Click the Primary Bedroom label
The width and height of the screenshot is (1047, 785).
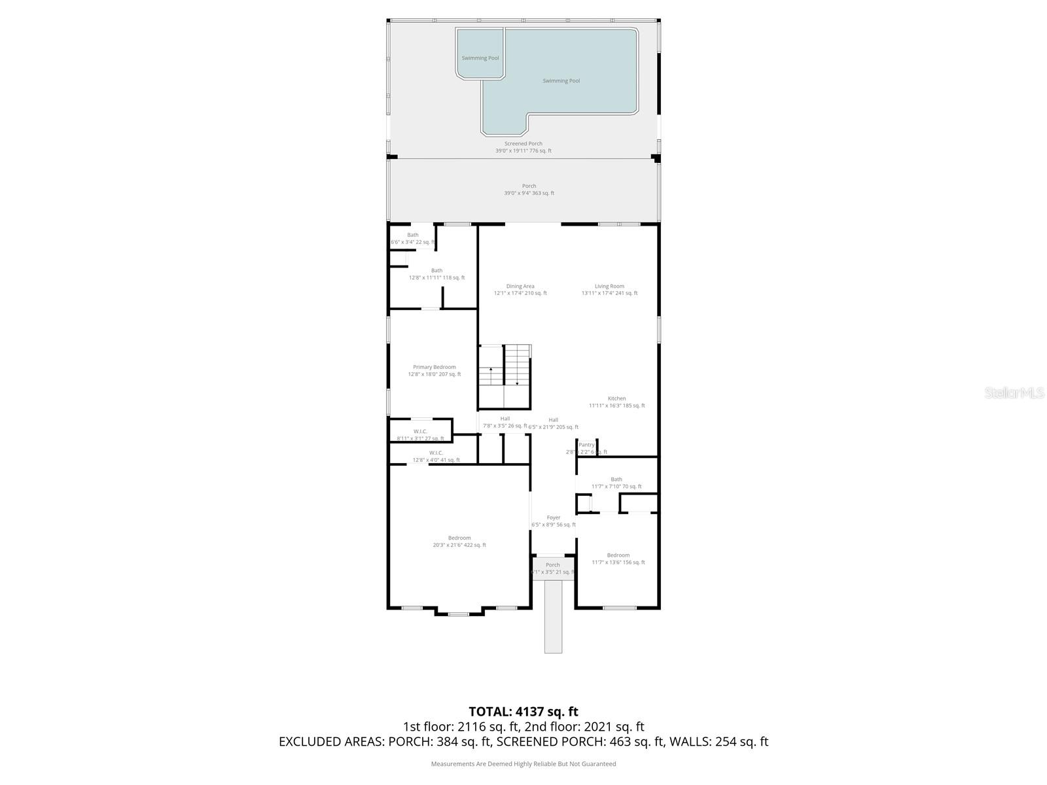click(435, 367)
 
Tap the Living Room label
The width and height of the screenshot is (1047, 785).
click(609, 286)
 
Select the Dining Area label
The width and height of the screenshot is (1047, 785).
click(520, 286)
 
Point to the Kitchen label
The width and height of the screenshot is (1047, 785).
click(616, 398)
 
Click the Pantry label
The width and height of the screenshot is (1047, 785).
click(586, 445)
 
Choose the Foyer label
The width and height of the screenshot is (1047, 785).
click(554, 517)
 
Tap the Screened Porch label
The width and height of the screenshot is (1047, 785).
click(523, 144)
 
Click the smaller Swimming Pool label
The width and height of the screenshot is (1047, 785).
click(480, 58)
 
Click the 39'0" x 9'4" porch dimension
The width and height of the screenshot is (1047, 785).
click(529, 194)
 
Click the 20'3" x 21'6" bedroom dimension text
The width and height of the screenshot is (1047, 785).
click(459, 545)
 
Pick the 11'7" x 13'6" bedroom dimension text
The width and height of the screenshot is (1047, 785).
click(618, 563)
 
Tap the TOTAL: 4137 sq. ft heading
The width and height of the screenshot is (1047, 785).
click(523, 711)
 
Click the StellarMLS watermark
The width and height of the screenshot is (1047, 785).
click(1013, 392)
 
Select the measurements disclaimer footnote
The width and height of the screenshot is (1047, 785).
click(523, 764)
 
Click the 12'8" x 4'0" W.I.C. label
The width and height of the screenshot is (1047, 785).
click(436, 457)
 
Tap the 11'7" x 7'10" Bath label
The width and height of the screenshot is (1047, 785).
click(616, 483)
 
